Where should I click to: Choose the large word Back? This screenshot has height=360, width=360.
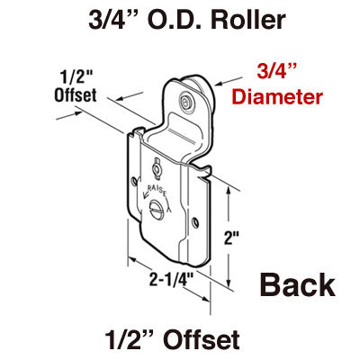pos(298,285)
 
